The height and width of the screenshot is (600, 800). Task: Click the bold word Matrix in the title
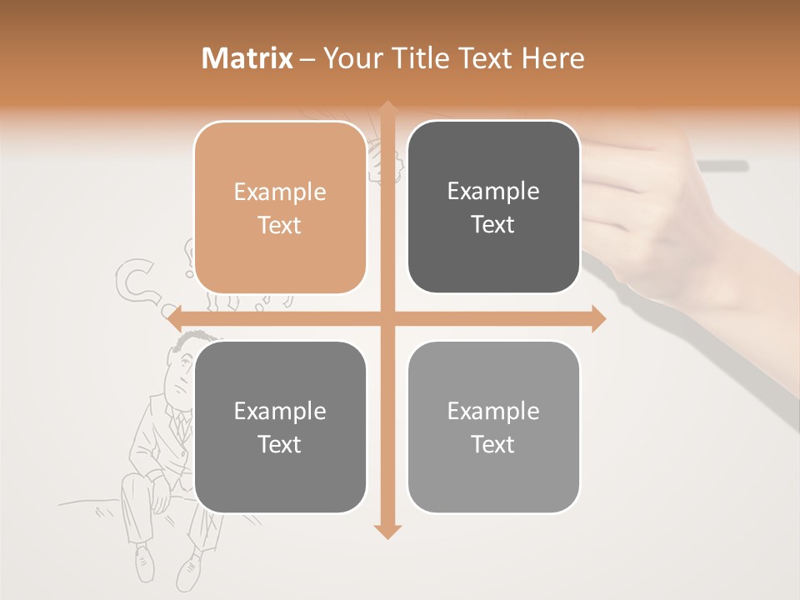point(247,58)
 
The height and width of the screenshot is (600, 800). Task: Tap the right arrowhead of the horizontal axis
point(598,318)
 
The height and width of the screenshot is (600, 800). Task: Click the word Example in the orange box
point(280,192)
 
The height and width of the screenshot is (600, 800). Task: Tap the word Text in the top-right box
point(493,225)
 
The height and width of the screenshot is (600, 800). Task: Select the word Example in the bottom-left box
point(280,412)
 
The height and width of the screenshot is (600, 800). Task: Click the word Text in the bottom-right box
point(493,445)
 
